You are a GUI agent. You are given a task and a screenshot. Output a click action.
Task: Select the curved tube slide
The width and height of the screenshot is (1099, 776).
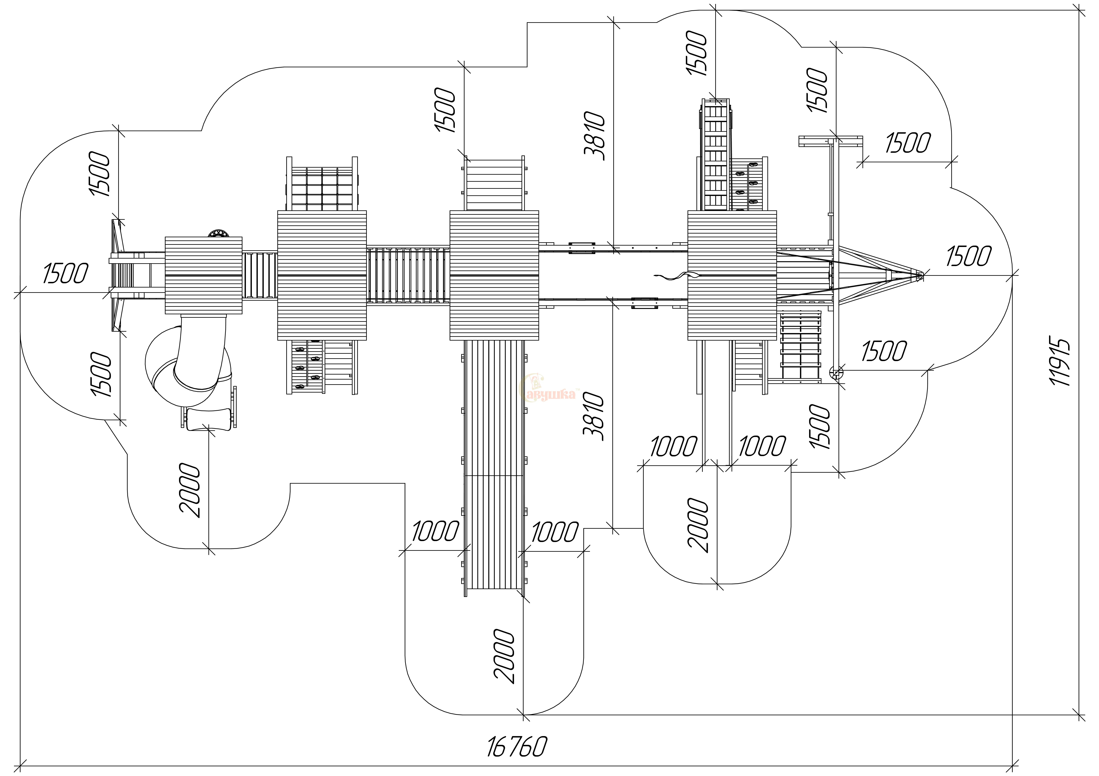point(191,359)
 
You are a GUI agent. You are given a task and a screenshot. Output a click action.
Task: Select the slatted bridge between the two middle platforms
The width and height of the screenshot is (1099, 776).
point(408,275)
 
